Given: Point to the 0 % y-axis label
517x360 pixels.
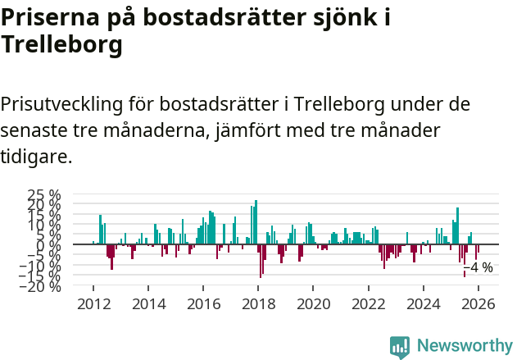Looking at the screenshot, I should (50, 244).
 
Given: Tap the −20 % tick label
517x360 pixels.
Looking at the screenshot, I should (42, 285).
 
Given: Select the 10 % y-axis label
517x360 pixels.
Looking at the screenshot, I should (45, 225).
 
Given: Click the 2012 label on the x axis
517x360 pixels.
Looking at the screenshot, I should (93, 304).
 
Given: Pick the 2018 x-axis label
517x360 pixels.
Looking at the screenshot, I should (258, 304).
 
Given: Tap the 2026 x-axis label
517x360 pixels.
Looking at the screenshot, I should (478, 304).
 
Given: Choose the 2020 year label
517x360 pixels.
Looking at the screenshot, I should (313, 304).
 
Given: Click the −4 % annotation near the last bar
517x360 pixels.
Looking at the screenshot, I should (478, 267).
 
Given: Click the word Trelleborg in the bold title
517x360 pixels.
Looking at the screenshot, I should (61, 45).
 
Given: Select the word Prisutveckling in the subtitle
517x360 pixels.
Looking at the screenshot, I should (62, 104).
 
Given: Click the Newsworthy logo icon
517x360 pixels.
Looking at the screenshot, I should (400, 346).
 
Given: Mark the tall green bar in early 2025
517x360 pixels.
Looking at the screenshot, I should (457, 226).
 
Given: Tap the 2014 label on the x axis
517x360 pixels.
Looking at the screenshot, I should (148, 304).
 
